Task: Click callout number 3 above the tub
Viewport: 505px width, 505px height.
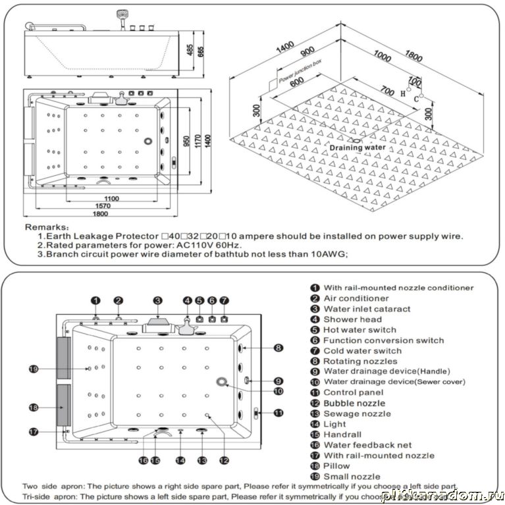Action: (x=158, y=300)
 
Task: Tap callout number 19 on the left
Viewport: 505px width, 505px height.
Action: (x=35, y=369)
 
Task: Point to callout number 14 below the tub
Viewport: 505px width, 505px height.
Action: (x=180, y=461)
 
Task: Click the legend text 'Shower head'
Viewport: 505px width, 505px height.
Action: (x=352, y=319)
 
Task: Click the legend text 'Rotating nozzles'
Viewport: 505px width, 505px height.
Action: (x=360, y=361)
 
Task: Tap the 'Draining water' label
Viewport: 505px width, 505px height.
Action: (x=358, y=147)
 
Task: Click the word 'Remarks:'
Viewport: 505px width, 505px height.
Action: (x=47, y=226)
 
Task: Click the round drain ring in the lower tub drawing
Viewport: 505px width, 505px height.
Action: (x=220, y=383)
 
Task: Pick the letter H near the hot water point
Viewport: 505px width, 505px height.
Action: (x=403, y=93)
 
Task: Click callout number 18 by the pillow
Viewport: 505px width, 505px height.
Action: (x=34, y=408)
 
